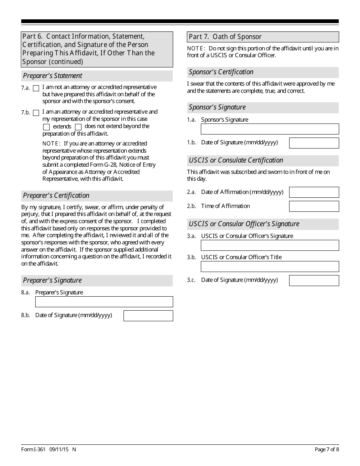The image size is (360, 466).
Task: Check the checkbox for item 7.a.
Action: [x=36, y=88]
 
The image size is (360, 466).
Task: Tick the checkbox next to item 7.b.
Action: [x=36, y=113]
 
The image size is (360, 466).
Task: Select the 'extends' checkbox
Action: [x=47, y=127]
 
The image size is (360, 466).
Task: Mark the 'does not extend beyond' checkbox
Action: [x=78, y=127]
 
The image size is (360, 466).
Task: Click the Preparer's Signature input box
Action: [x=104, y=302]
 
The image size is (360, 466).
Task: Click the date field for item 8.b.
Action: [x=148, y=316]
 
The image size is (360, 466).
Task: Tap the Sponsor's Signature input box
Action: [x=270, y=129]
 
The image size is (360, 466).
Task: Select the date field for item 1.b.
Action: [x=314, y=143]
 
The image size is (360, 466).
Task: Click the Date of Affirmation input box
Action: [x=314, y=192]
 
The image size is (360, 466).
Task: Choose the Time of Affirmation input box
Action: [x=314, y=206]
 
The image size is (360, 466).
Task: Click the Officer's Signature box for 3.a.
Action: [x=270, y=245]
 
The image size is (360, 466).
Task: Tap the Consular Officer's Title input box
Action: [x=270, y=266]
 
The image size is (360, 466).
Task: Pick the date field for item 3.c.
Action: [x=314, y=280]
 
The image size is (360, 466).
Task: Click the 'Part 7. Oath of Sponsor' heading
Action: [x=225, y=37]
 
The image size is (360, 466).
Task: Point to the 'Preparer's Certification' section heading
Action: [x=56, y=195]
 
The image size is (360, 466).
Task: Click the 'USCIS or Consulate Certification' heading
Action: [x=236, y=160]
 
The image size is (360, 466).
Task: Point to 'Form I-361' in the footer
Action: [x=33, y=449]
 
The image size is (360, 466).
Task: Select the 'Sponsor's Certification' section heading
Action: [x=221, y=72]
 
